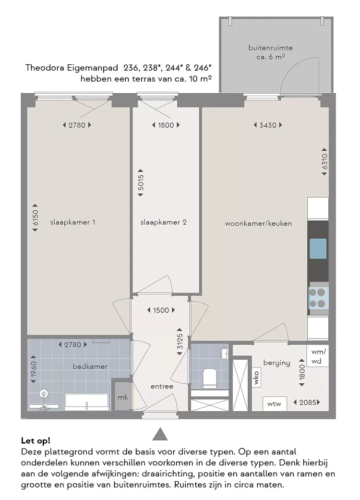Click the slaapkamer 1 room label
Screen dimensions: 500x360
[x=72, y=222]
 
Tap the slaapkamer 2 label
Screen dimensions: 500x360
[x=163, y=222]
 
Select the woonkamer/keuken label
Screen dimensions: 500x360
[x=258, y=223]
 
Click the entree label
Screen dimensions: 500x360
[x=162, y=386]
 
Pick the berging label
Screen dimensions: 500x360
[x=276, y=363]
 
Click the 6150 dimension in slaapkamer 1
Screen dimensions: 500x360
[x=35, y=220]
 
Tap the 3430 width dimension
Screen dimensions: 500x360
[x=267, y=125]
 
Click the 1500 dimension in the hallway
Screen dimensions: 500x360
[x=161, y=310]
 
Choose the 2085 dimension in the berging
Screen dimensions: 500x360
[x=307, y=402]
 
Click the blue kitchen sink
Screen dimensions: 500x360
[x=318, y=248]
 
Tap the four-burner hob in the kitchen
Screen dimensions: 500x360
[x=318, y=298]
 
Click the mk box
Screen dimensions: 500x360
[x=123, y=397]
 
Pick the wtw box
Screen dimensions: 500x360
[x=274, y=403]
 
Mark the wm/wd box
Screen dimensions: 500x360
[x=318, y=356]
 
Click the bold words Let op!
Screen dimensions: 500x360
[x=36, y=440]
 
